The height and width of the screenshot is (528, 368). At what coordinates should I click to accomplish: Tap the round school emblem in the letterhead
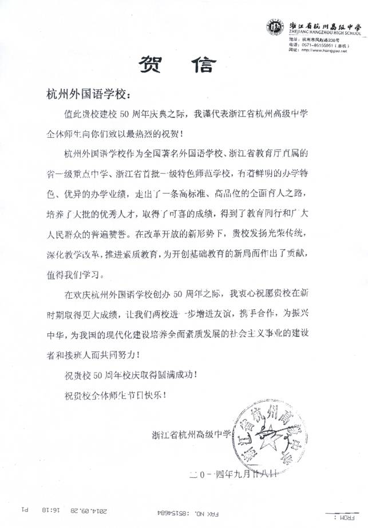(x=275, y=27)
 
